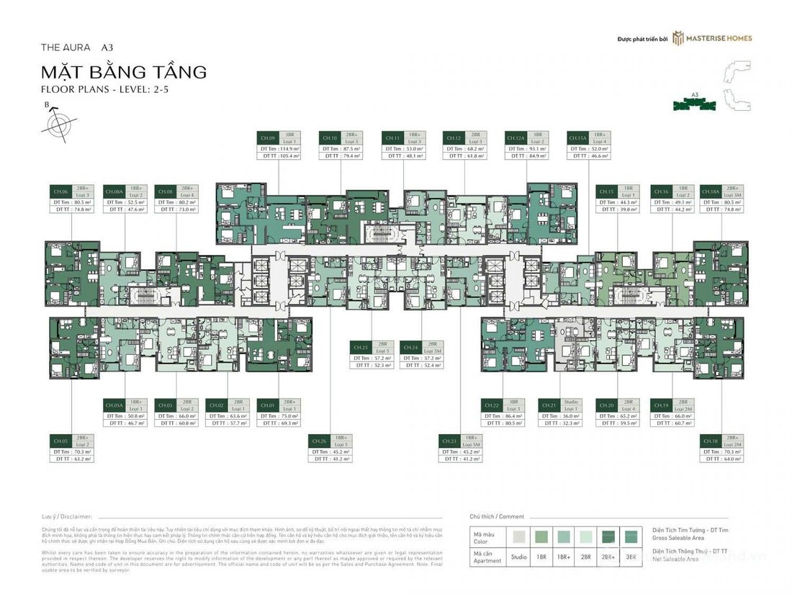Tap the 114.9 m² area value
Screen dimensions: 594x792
point(287,148)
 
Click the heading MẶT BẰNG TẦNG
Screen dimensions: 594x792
point(125,72)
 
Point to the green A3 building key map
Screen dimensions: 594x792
point(694,105)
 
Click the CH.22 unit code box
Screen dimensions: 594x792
point(492,406)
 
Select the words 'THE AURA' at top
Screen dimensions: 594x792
point(67,48)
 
